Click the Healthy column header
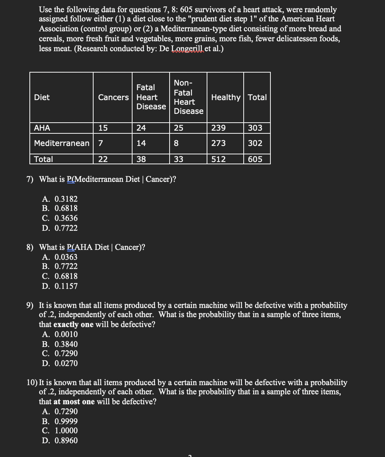click(x=226, y=97)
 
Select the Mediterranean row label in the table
click(x=61, y=143)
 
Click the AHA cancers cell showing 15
click(x=103, y=128)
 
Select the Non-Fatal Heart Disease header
click(x=188, y=97)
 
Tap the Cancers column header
click(x=113, y=97)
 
